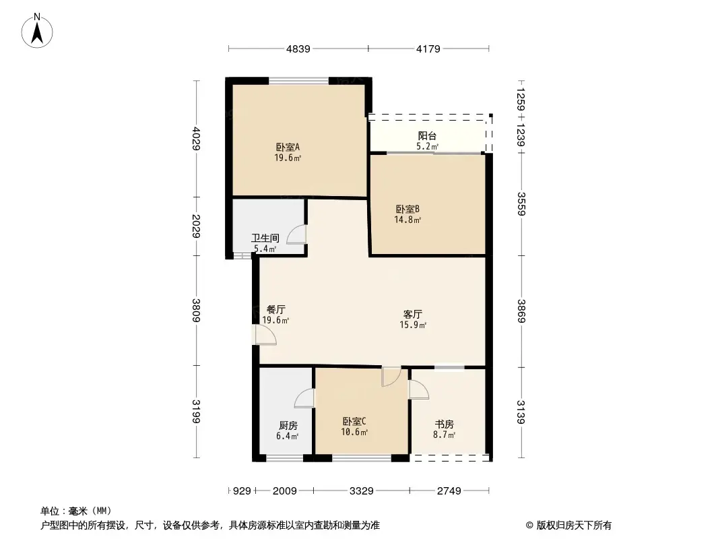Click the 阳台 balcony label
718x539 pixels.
point(427,135)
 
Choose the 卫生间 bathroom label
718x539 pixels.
point(264,238)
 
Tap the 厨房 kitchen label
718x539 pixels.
point(288,425)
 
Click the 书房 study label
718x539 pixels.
point(444,424)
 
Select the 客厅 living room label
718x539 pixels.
point(413,314)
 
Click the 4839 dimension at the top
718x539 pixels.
point(298,49)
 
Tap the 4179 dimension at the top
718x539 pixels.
point(428,49)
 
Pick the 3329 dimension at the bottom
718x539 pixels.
point(361,491)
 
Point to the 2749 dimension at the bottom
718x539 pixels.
point(449,491)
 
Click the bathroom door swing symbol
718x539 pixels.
point(296,234)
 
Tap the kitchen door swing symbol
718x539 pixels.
point(304,398)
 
